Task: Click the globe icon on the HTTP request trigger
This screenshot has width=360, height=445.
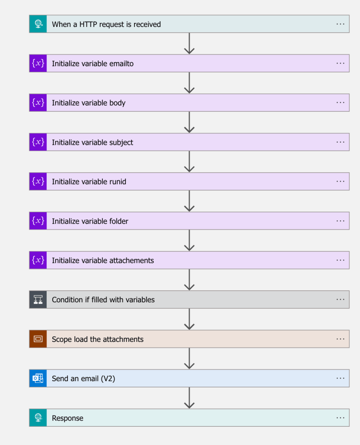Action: [38, 24]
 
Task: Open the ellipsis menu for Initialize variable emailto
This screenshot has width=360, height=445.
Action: [340, 63]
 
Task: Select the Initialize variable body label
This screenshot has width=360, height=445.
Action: [88, 103]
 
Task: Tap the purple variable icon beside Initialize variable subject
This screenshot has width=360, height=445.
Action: [38, 142]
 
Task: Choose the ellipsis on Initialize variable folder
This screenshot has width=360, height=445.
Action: [340, 221]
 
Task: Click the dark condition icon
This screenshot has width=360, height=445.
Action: [38, 299]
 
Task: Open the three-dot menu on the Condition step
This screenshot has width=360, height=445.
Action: [340, 299]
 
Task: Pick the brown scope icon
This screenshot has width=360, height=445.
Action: [38, 339]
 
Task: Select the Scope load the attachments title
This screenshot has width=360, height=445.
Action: [98, 339]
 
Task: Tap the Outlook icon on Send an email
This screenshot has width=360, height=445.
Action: [38, 378]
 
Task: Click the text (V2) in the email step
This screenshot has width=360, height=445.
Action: [108, 378]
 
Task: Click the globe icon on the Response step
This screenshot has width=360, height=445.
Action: [38, 418]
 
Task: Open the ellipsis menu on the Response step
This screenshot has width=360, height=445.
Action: [340, 418]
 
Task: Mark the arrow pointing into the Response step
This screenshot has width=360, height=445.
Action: [189, 398]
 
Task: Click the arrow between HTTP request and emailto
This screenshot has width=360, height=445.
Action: [189, 43]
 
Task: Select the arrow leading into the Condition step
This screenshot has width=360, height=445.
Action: [189, 280]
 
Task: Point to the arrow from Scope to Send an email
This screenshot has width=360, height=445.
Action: [189, 358]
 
